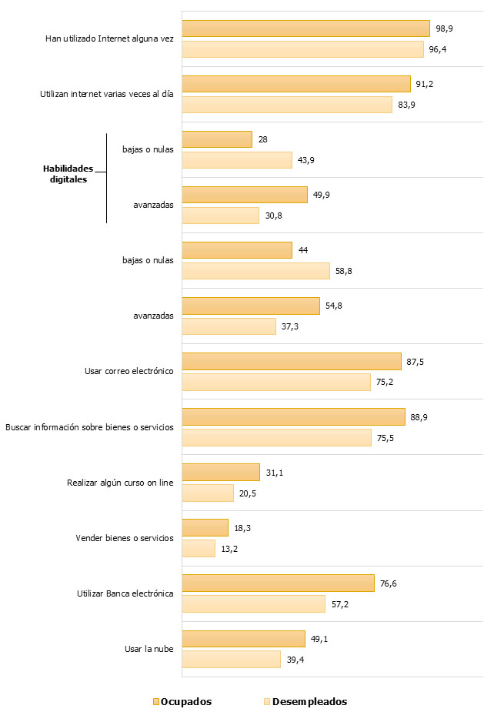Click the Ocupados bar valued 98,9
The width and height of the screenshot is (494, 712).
(305, 28)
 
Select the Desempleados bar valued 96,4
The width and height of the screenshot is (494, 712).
(302, 49)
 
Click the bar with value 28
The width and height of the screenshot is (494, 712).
(217, 139)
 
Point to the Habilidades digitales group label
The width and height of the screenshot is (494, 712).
(67, 174)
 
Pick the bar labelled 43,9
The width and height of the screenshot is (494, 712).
(237, 160)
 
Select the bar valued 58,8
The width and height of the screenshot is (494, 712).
(255, 271)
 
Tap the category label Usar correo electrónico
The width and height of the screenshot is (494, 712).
(129, 371)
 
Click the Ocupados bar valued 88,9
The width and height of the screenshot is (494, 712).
(293, 416)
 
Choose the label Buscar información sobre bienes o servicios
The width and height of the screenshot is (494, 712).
(89, 426)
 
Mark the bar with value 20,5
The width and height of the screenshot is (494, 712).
(208, 493)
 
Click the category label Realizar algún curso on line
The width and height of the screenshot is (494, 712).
(120, 483)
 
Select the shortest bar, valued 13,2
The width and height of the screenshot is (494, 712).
(199, 548)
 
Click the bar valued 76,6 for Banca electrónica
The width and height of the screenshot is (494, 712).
(278, 583)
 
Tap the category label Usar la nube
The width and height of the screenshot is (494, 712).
(149, 649)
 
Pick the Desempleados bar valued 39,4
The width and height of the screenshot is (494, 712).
(231, 659)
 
